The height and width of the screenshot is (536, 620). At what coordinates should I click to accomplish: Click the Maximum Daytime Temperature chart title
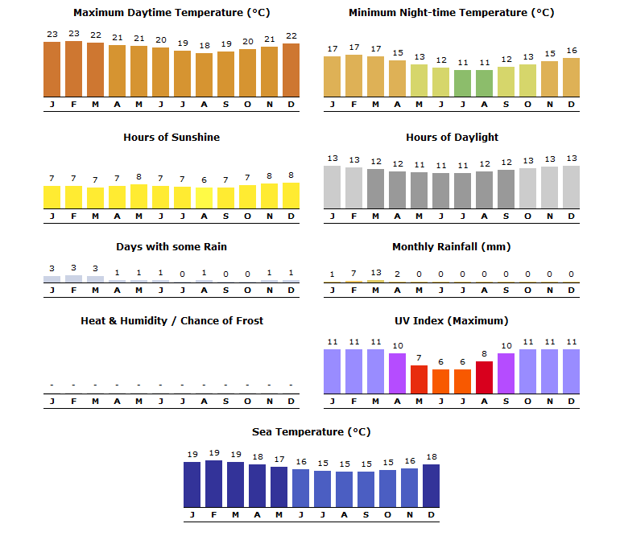pyautogui.click(x=172, y=13)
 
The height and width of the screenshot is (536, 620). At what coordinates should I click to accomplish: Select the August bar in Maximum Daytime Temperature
pyautogui.click(x=204, y=75)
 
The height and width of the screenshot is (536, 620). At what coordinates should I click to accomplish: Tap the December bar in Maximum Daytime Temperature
pyautogui.click(x=291, y=69)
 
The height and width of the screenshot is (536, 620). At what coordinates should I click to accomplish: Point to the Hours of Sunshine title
pyautogui.click(x=172, y=138)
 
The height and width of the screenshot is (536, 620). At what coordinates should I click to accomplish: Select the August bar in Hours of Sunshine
pyautogui.click(x=204, y=198)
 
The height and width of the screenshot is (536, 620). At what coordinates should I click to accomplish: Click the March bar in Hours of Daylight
pyautogui.click(x=375, y=188)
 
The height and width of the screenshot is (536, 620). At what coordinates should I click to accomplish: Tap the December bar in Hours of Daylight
pyautogui.click(x=571, y=187)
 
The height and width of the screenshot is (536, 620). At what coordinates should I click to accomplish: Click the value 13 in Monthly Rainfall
pyautogui.click(x=375, y=273)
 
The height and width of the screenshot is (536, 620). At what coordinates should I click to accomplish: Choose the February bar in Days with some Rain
pyautogui.click(x=73, y=278)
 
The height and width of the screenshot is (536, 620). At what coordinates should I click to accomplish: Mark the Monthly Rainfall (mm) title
pyautogui.click(x=451, y=247)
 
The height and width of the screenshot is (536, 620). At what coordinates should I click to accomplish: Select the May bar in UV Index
pyautogui.click(x=419, y=379)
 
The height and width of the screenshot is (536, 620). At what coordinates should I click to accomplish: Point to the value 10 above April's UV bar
pyautogui.click(x=397, y=346)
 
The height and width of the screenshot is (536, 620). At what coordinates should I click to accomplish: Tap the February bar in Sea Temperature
pyautogui.click(x=213, y=484)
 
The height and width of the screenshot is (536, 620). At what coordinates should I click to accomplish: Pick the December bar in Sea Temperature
pyautogui.click(x=431, y=486)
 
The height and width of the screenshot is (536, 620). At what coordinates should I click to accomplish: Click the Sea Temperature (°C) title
pyautogui.click(x=312, y=432)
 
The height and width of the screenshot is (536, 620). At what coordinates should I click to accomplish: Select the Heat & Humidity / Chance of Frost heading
pyautogui.click(x=172, y=321)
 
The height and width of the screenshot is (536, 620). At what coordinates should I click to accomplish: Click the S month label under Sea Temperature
pyautogui.click(x=366, y=515)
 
